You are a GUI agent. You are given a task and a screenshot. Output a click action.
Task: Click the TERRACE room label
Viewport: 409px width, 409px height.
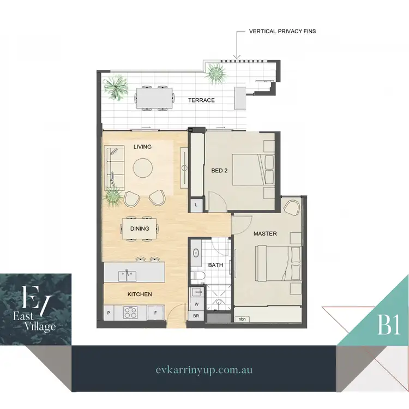click(201, 100)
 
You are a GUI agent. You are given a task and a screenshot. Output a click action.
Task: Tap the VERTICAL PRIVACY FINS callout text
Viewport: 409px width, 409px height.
click(281, 32)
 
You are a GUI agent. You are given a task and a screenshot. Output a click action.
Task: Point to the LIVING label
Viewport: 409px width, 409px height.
click(142, 147)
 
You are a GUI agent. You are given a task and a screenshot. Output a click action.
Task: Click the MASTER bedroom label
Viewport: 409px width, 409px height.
click(265, 233)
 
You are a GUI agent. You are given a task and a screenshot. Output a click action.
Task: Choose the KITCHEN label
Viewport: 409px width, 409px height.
click(140, 294)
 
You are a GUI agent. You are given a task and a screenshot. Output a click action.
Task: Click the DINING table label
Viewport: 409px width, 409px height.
click(140, 228)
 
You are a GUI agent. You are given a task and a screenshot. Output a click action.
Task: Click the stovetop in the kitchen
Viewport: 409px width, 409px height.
click(131, 313)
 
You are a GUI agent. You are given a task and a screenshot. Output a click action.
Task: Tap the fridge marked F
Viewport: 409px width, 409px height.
click(155, 313)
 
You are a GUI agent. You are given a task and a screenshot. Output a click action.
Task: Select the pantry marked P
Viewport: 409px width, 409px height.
click(108, 313)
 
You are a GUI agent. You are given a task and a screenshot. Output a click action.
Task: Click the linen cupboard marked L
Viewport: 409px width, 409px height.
click(196, 204)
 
